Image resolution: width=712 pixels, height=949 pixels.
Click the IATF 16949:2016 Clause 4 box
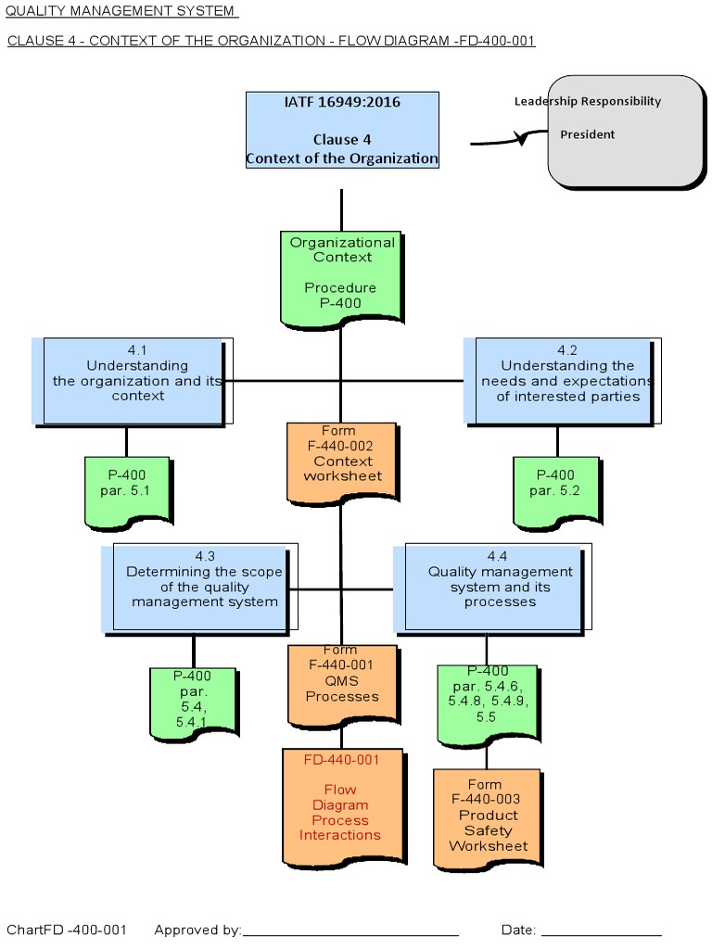point(342,130)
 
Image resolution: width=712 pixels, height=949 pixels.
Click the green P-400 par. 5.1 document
point(126,487)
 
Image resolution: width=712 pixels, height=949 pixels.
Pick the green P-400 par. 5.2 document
point(555,487)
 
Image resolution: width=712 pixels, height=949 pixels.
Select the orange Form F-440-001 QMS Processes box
point(342,684)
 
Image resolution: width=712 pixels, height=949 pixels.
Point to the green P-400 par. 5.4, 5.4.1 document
point(193,702)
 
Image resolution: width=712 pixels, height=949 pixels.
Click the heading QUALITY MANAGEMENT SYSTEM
point(121,11)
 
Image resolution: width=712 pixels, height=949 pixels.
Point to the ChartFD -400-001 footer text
point(67,930)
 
